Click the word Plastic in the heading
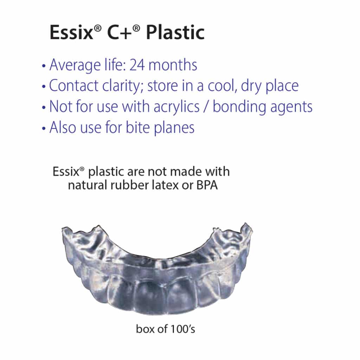(x=175, y=33)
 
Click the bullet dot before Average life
(x=44, y=66)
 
